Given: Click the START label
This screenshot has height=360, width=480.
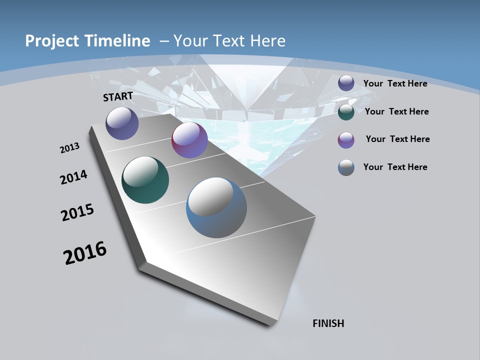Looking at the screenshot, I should point(118,96).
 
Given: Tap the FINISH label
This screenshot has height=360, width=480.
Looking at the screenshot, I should point(328,323).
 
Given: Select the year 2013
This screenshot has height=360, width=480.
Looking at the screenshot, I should point(69,148).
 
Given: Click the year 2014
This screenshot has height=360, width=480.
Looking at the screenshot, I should point(73,177).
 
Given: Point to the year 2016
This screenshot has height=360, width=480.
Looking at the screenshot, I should point(85,253).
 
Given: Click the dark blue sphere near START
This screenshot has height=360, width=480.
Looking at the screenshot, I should point(122,123).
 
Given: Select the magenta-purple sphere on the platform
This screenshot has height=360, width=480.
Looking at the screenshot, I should point(189,140).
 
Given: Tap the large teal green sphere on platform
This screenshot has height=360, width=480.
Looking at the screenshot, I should point(145,180).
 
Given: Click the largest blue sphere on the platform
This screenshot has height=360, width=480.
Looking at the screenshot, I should point(216,207).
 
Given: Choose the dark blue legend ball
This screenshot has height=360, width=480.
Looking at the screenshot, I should point(346,83).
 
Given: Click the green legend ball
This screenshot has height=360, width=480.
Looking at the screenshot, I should point(346,112).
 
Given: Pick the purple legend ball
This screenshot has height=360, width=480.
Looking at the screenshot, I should point(346,140).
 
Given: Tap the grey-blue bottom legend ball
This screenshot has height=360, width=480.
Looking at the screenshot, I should point(346,167).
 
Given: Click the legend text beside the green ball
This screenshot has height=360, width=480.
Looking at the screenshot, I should point(396,111).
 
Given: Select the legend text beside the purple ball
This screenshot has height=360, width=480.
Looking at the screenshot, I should point(397,139).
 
